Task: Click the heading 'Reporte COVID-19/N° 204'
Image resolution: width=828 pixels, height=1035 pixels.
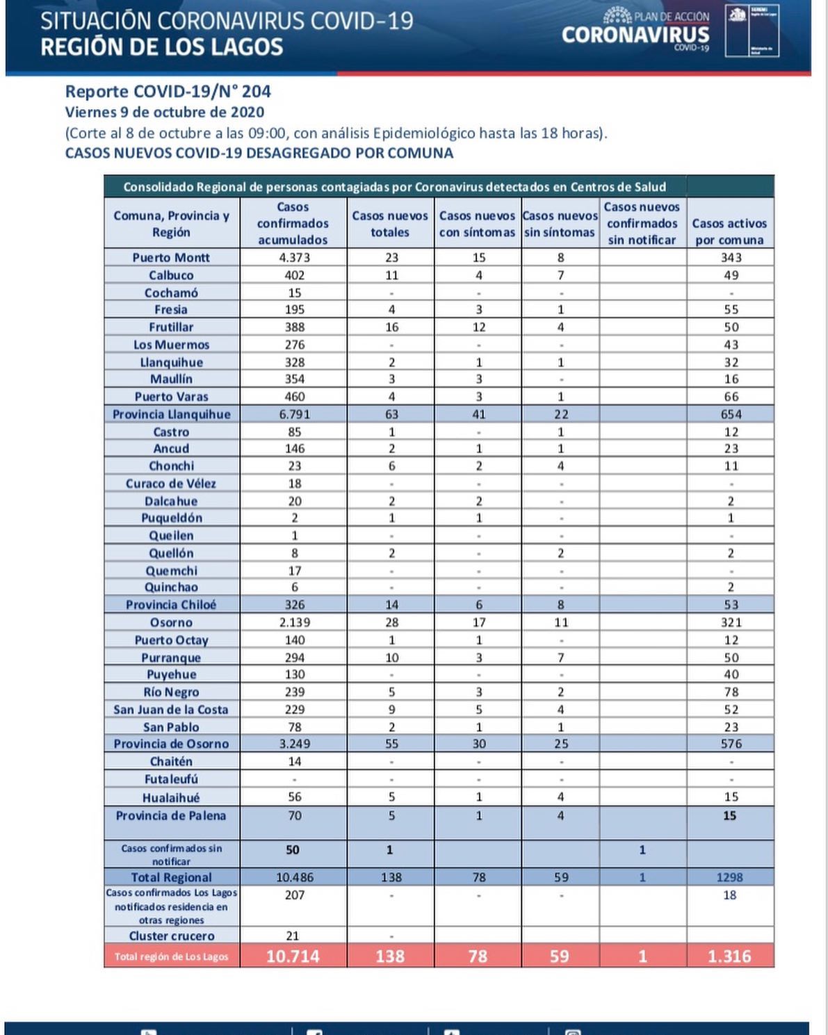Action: (x=168, y=92)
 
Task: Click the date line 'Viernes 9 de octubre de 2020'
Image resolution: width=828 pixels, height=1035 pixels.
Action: (x=165, y=113)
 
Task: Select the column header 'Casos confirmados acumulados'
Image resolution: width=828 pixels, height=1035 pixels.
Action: (x=293, y=223)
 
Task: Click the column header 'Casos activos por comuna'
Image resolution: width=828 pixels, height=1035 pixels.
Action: (x=729, y=231)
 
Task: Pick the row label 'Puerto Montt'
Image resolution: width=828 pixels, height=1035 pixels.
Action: (x=171, y=257)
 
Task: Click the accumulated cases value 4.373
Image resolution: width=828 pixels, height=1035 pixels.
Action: (x=294, y=257)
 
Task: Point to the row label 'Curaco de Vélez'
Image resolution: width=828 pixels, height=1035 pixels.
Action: (x=171, y=483)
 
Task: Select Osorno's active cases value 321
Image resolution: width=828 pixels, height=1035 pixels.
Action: (x=731, y=622)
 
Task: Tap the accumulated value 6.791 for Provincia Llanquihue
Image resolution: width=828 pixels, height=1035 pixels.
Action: (x=294, y=414)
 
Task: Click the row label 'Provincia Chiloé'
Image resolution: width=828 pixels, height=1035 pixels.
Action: (x=171, y=605)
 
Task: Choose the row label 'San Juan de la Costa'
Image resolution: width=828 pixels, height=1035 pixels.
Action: (x=171, y=710)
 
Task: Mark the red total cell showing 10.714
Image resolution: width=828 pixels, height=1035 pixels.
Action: (x=293, y=956)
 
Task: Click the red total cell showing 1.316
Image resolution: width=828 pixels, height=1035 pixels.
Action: (x=729, y=956)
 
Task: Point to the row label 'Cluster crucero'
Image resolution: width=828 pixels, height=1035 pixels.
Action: (x=172, y=936)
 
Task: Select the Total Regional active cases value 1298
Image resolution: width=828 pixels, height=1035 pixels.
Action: (x=730, y=877)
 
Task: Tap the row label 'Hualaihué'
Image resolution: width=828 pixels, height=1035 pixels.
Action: (x=171, y=797)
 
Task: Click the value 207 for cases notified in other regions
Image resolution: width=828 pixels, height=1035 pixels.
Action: (x=294, y=895)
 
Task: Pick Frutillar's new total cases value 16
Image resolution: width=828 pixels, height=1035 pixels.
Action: (x=391, y=327)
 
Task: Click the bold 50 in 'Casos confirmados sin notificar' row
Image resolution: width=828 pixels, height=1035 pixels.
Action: (x=293, y=849)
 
